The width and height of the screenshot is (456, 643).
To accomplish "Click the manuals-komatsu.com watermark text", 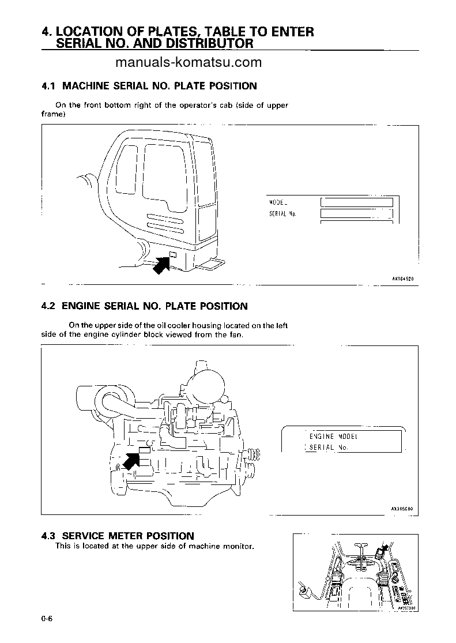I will pos(189,63).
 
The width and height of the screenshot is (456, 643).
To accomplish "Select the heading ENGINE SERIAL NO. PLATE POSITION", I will pos(154,306).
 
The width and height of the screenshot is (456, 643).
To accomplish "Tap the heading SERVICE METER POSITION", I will pos(128,536).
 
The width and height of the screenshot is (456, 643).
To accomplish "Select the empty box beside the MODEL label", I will pos(356,202).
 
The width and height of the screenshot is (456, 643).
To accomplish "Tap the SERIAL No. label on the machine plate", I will pos(282,214).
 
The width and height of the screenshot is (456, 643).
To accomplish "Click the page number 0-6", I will pos(47,620).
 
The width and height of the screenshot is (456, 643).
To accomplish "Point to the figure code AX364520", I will pos(403,278).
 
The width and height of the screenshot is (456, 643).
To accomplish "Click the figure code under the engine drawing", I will pos(403,509).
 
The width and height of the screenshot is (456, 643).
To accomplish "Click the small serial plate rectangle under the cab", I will pos(172,254).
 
